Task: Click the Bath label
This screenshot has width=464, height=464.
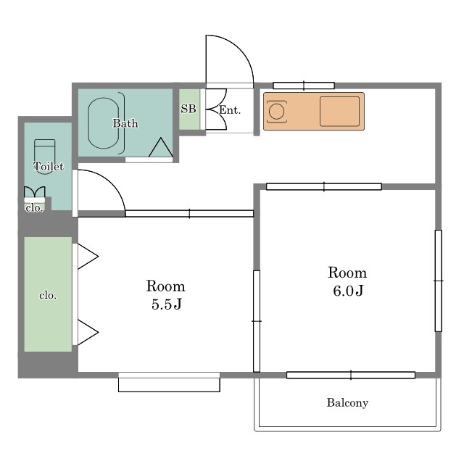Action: [125, 123]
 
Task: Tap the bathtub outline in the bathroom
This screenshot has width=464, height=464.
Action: [88, 123]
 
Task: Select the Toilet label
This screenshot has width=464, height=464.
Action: [49, 166]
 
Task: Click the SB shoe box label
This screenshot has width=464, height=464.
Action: [188, 109]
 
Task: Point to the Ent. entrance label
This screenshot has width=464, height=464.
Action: [230, 110]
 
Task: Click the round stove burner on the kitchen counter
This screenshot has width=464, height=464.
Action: [277, 112]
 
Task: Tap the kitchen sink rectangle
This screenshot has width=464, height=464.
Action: [339, 111]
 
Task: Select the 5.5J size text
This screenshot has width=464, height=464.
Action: [166, 304]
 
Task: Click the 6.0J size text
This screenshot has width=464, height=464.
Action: [348, 291]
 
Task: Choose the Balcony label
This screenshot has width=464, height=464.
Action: [347, 402]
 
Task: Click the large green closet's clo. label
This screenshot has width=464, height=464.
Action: [48, 295]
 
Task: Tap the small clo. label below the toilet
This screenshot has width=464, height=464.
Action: [34, 208]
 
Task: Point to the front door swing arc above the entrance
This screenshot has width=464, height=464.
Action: [240, 48]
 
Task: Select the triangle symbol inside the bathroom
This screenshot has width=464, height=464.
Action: [161, 147]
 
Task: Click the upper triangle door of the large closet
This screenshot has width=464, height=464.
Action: [88, 257]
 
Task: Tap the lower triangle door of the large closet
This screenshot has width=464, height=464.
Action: [88, 332]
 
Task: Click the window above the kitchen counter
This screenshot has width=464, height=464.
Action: [304, 86]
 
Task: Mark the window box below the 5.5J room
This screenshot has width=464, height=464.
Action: [169, 382]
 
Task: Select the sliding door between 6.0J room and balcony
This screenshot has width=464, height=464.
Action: [351, 375]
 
